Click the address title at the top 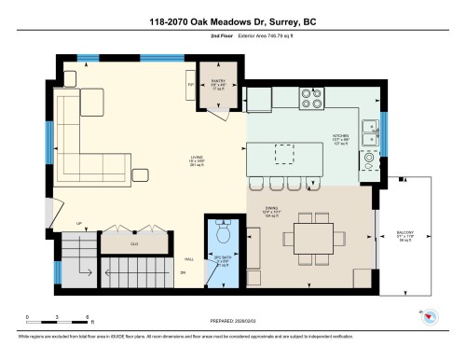click(233, 21)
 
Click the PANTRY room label click(218, 82)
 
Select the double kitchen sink click(371, 132)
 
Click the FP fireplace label click(191, 84)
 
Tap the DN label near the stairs click(184, 272)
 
